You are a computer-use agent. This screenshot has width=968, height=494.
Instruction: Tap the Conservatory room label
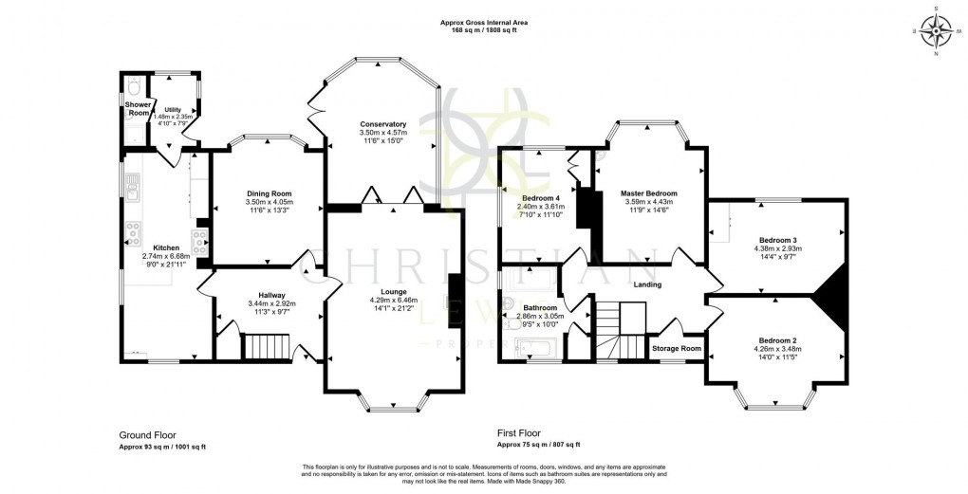tap(382, 124)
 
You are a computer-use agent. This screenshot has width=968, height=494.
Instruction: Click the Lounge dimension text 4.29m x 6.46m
tap(395, 301)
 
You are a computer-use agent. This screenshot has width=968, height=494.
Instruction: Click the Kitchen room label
tap(140, 247)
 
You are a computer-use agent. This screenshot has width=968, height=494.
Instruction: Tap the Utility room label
tap(173, 110)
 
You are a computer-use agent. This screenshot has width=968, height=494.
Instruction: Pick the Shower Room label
tap(138, 108)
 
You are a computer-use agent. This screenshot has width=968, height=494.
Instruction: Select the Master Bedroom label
tap(648, 192)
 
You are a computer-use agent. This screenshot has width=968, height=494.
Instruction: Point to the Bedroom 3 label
tap(776, 240)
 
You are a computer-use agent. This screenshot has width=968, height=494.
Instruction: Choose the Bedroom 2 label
tap(776, 340)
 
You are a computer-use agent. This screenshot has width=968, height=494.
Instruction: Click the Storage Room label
tap(677, 348)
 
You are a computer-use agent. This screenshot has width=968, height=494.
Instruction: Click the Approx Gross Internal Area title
tap(484, 22)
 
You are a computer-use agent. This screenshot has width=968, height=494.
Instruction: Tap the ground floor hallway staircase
tap(266, 347)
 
